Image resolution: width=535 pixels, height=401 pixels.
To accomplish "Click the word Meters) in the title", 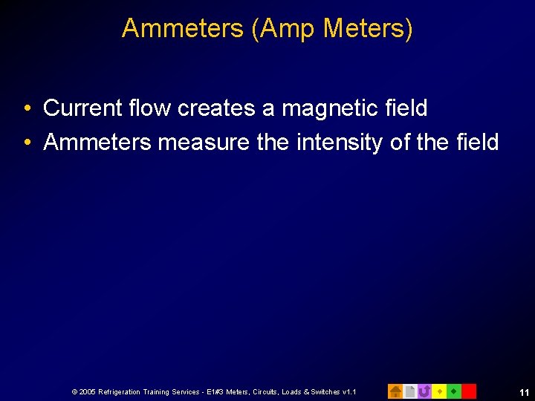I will tap(369, 28).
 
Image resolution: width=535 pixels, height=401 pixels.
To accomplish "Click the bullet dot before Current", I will tap(27, 109).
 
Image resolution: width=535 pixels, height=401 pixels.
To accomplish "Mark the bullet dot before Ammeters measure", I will tap(27, 143).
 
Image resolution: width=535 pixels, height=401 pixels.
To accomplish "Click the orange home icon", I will tap(395, 391).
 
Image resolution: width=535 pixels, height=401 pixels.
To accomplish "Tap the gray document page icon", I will tap(410, 391).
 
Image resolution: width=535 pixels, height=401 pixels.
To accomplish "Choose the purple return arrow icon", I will tap(424, 391).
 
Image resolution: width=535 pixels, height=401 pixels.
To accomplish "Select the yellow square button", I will tap(439, 391).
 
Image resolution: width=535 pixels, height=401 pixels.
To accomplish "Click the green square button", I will tap(454, 391).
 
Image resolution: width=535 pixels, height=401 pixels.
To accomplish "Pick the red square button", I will tap(469, 391).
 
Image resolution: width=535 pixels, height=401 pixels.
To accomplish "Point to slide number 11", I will tap(524, 391).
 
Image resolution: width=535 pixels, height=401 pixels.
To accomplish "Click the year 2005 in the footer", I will tap(86, 391).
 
